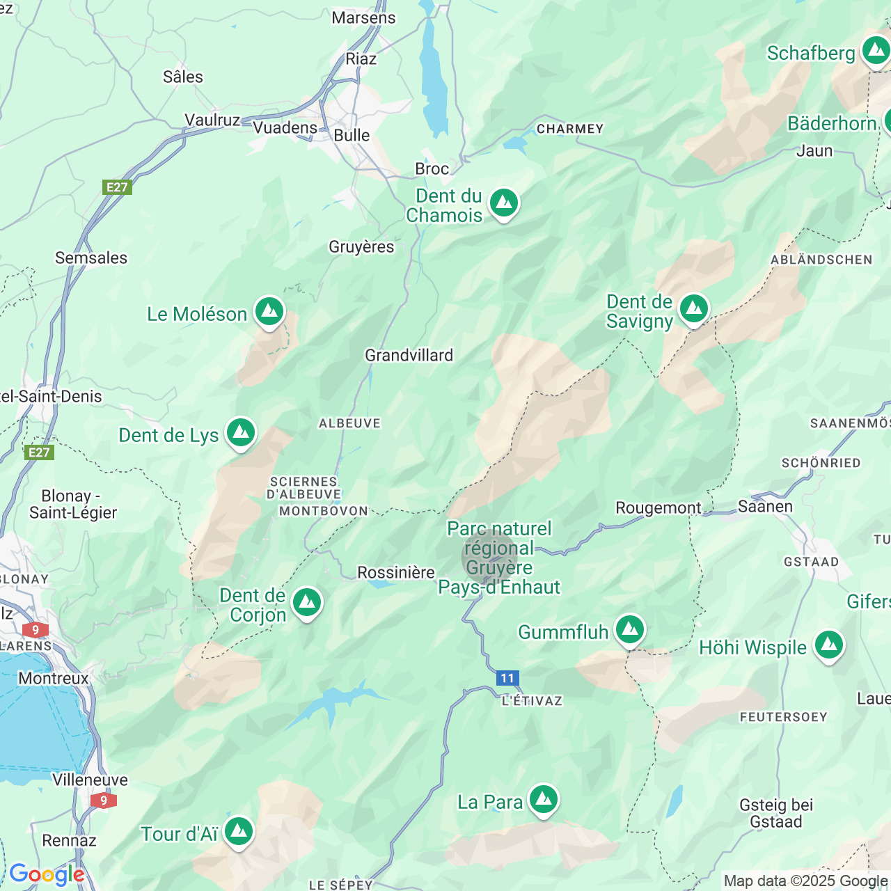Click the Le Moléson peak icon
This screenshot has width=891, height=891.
click(x=269, y=313)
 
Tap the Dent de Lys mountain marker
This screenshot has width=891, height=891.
click(x=241, y=433)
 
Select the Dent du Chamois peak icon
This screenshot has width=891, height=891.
click(x=504, y=203)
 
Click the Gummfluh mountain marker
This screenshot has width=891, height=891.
click(x=630, y=630)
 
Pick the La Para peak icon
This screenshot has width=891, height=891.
click(x=543, y=801)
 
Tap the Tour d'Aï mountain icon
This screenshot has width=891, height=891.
click(x=239, y=832)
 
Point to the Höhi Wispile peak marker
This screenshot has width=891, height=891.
click(x=828, y=646)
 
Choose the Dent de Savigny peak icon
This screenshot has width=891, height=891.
click(x=693, y=309)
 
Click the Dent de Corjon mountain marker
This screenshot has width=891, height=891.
click(x=306, y=603)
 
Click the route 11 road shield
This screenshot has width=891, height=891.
click(x=507, y=678)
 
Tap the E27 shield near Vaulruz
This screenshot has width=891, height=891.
click(x=117, y=187)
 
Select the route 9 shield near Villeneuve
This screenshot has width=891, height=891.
click(x=104, y=801)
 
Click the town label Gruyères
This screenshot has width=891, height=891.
click(x=361, y=247)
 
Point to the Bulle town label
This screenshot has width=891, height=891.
click(x=352, y=135)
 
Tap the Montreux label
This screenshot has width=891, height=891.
click(x=54, y=678)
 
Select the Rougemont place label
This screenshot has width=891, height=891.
click(x=658, y=508)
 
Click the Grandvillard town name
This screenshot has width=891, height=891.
click(x=409, y=356)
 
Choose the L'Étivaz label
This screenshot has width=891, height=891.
click(x=532, y=701)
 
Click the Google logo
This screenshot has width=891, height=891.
click(x=47, y=874)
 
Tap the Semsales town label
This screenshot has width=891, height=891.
click(x=91, y=258)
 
